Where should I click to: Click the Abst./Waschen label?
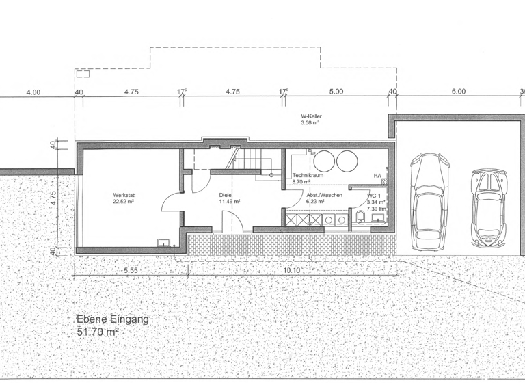[324, 195]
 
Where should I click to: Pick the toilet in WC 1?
[360, 218]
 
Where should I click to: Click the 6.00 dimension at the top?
[458, 91]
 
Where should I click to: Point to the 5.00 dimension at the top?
[336, 91]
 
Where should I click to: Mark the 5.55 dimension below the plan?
[131, 270]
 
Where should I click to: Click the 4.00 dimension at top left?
[33, 92]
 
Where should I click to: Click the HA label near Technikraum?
[377, 176]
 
